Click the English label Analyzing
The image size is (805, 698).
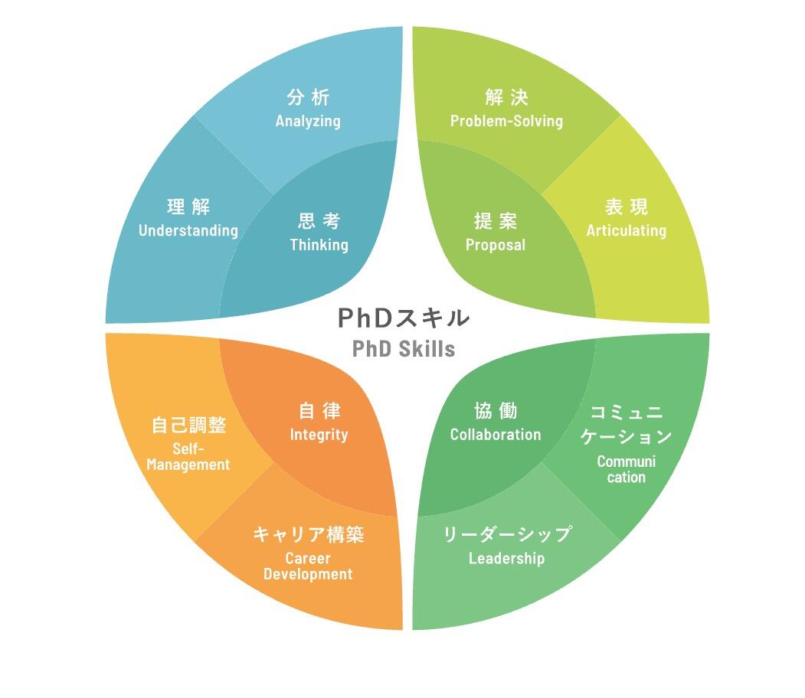(x=308, y=121)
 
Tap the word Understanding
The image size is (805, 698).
(x=188, y=230)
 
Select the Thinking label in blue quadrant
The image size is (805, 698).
(x=319, y=245)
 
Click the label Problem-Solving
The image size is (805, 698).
(x=506, y=121)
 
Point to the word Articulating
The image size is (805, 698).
(x=627, y=230)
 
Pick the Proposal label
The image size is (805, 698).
(x=496, y=245)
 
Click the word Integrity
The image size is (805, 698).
(x=319, y=435)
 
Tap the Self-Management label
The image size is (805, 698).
(x=188, y=457)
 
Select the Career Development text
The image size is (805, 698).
(x=308, y=566)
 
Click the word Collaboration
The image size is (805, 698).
(x=496, y=435)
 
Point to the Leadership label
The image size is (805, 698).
(x=506, y=559)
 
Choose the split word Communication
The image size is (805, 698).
(x=627, y=469)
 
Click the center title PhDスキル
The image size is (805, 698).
(x=404, y=317)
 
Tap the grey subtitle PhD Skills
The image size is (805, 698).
(x=404, y=349)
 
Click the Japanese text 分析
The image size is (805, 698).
(x=308, y=98)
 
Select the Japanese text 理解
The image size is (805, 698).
(x=188, y=207)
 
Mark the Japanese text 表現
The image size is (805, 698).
(x=627, y=207)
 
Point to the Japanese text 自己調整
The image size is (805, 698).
(x=188, y=426)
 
